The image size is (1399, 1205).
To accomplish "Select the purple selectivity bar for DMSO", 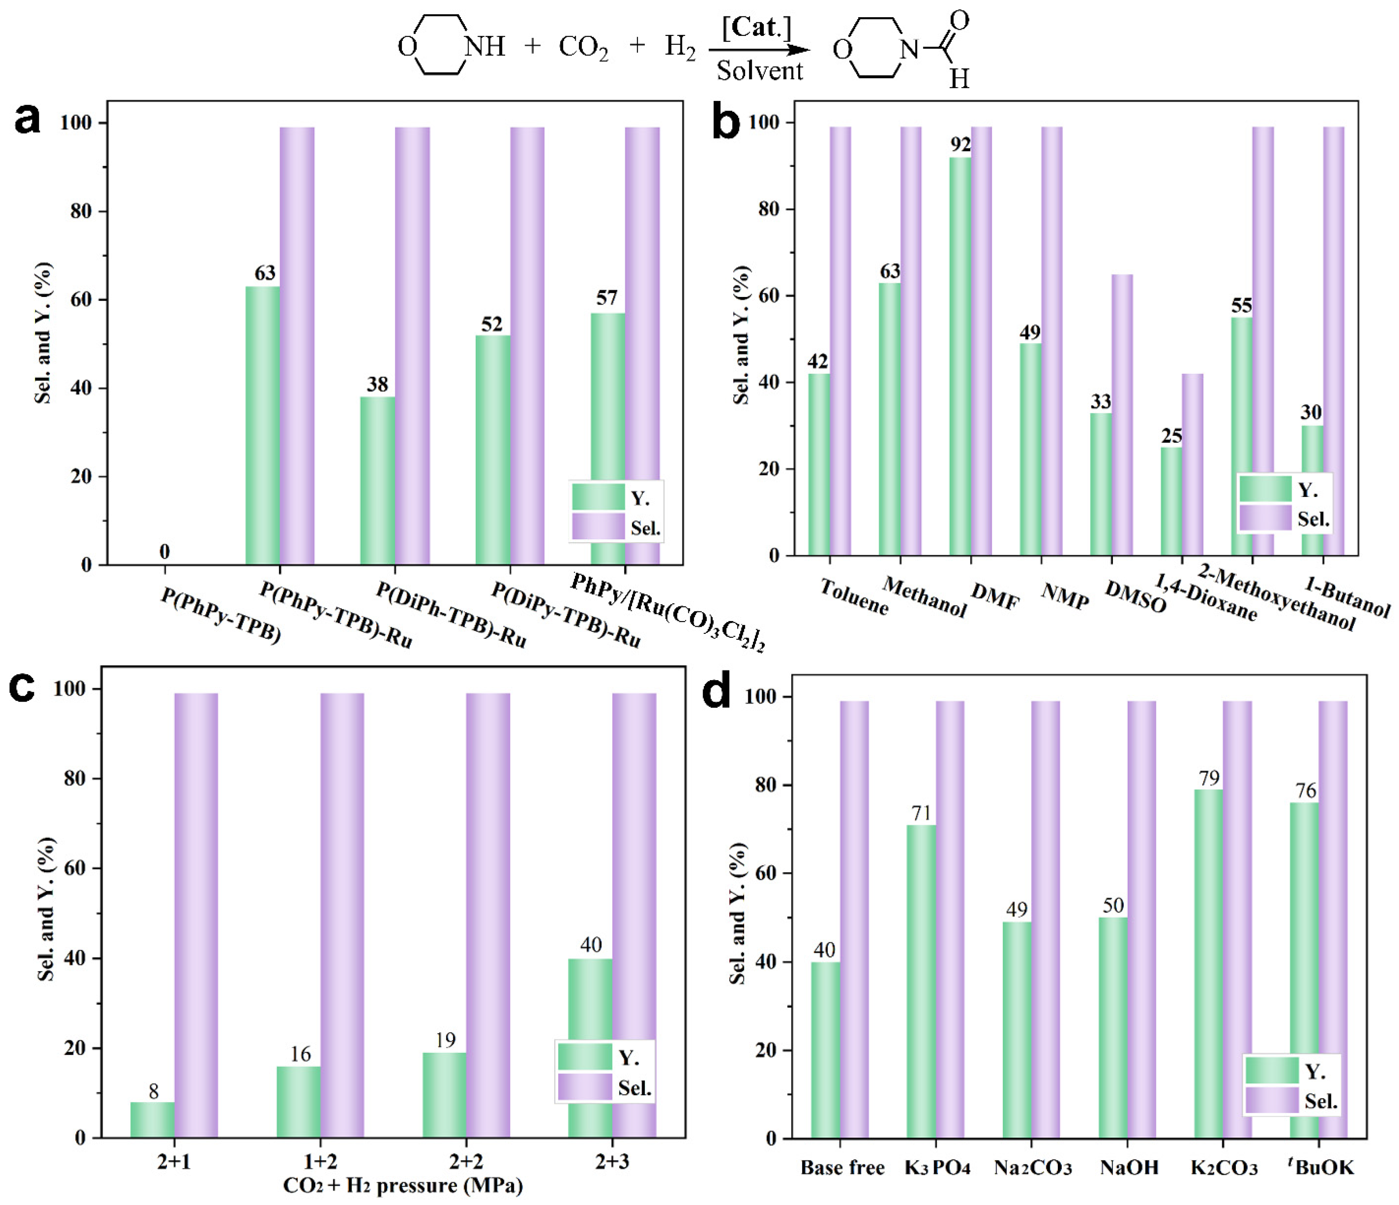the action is [1122, 415].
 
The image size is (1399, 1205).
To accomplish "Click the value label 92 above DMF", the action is [960, 144].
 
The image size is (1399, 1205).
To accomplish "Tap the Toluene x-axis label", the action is [854, 596].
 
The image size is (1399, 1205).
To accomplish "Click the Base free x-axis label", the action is [842, 1168].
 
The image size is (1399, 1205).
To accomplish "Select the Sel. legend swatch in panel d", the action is [1271, 1100].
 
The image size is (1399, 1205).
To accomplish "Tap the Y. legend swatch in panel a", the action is [598, 497].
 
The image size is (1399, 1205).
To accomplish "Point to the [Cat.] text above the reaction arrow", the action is [756, 28].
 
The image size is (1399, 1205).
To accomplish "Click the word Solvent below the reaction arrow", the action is [760, 70].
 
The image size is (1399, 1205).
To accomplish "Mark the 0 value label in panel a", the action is [165, 552].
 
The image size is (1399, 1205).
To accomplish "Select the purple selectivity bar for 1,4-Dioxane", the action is [1192, 465].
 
